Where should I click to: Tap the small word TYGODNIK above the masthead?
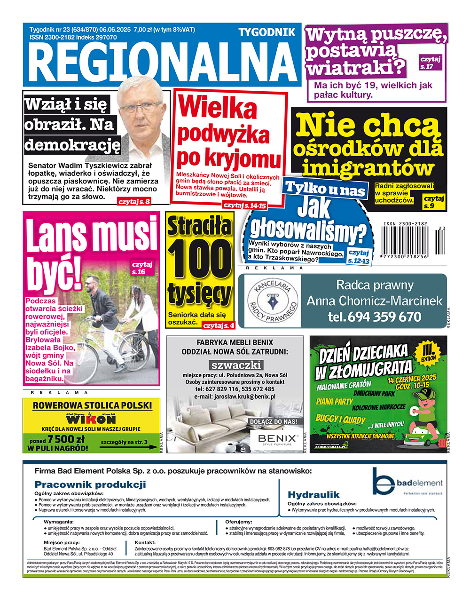267,32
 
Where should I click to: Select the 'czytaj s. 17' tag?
430,62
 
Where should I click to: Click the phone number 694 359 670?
375,317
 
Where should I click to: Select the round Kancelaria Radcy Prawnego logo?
273,301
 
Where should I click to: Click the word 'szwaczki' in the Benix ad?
236,365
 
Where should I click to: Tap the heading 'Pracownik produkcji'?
90,484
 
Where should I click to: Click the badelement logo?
407,482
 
